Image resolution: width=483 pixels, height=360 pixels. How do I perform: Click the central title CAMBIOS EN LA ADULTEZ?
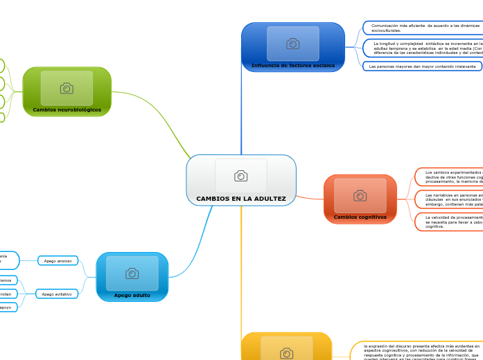[x=240, y=199]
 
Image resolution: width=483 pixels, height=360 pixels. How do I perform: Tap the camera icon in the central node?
[x=240, y=176]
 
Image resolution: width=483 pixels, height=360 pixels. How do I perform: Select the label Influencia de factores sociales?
[x=292, y=66]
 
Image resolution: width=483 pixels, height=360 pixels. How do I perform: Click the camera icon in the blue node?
[x=292, y=44]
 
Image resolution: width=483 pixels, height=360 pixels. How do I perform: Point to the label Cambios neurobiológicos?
[x=67, y=109]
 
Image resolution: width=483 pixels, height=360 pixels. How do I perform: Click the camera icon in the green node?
[x=67, y=88]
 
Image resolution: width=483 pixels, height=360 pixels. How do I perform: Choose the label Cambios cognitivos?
[x=360, y=217]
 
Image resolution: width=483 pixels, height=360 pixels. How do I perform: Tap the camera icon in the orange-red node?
[x=360, y=195]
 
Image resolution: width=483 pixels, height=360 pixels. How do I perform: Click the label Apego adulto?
[x=132, y=295]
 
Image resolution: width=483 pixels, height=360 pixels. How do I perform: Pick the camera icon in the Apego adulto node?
[x=132, y=273]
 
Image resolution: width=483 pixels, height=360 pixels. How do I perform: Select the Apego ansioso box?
[x=58, y=261]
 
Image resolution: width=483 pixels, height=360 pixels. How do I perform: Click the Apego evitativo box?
[x=57, y=294]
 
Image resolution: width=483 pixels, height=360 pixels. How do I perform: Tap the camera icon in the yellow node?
[x=286, y=354]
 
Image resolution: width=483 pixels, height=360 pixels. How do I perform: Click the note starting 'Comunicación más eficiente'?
[x=423, y=28]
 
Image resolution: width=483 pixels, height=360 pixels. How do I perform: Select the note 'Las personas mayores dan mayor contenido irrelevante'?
[x=423, y=66]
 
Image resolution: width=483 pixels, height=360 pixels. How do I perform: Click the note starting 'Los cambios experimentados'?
[x=450, y=177]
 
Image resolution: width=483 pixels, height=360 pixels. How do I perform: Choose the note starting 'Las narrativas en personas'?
[x=450, y=199]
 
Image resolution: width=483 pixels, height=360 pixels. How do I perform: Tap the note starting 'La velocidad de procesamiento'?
[x=450, y=222]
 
